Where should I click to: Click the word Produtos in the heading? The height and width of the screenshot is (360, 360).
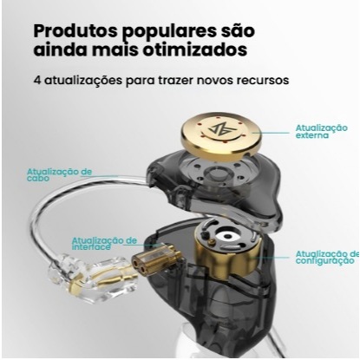tap(75, 30)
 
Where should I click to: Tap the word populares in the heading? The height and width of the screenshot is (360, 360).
tap(169, 32)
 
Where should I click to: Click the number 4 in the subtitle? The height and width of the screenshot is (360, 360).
tap(37, 80)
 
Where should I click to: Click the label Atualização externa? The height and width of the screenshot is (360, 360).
tap(321, 132)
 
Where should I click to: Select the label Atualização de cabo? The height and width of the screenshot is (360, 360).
tap(59, 175)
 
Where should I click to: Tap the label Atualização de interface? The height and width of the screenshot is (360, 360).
tap(104, 244)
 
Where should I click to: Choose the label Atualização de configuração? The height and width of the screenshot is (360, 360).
tap(327, 258)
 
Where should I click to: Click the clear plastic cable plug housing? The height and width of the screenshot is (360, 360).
tap(92, 279)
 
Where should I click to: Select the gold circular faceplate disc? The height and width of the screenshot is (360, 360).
tap(221, 133)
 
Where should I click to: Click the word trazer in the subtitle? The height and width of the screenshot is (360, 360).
tap(176, 80)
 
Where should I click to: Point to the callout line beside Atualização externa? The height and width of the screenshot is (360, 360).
tap(271, 133)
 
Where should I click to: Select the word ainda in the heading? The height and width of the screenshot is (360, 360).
tap(62, 49)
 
